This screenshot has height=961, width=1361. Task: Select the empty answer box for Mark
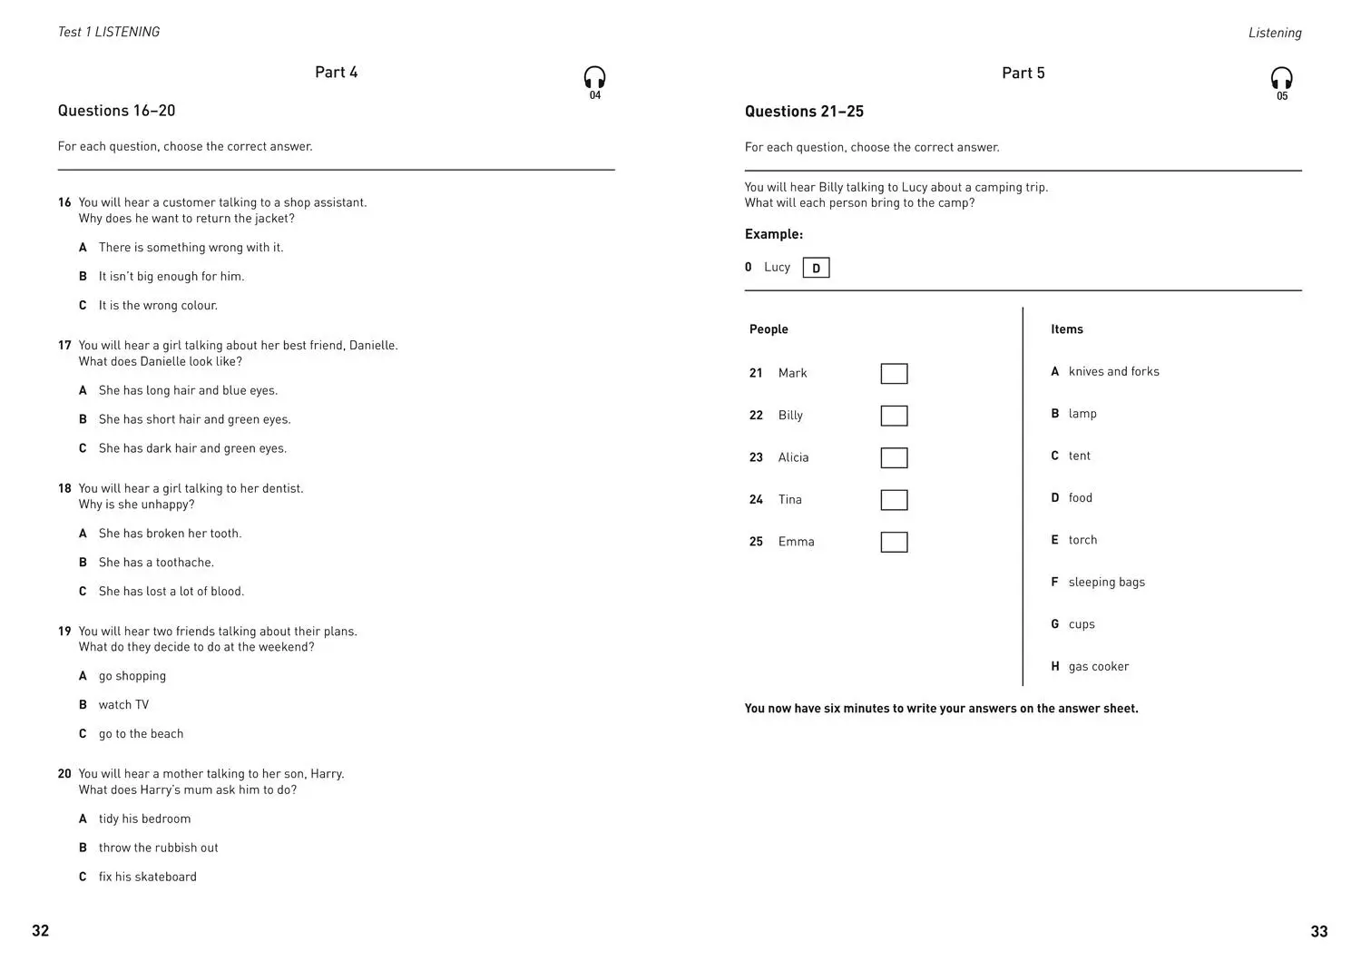(894, 374)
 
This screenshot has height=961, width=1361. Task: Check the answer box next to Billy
(894, 416)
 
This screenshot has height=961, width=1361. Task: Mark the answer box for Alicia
(894, 458)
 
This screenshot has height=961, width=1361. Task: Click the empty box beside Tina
(894, 500)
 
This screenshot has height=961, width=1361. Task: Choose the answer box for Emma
(894, 543)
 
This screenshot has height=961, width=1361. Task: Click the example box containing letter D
(816, 268)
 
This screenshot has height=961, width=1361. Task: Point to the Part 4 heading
(336, 73)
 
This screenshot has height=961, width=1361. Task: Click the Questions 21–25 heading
(804, 112)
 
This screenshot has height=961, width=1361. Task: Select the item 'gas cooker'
(1098, 667)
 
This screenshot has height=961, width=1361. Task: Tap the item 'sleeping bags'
(1106, 583)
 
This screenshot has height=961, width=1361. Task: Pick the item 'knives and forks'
(1113, 372)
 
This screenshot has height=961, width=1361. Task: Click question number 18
(64, 489)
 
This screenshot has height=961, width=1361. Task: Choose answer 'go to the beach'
(141, 734)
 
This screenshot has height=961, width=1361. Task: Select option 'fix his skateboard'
(147, 878)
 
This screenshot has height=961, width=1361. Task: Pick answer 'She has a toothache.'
(156, 563)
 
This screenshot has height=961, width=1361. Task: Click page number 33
(1318, 932)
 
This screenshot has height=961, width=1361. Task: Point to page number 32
(41, 931)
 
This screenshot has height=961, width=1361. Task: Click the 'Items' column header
(1066, 329)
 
